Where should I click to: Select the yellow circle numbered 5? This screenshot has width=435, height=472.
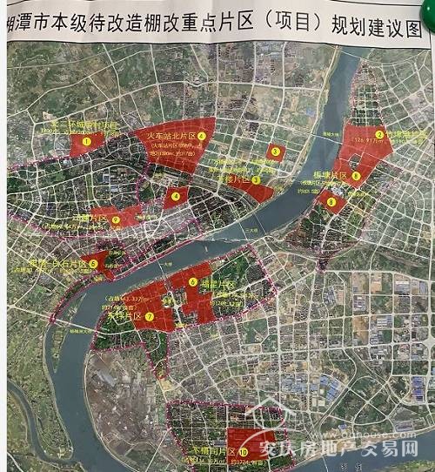(93, 263)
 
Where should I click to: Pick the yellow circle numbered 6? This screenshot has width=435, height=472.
(192, 281)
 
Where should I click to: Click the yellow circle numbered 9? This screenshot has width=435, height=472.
(331, 202)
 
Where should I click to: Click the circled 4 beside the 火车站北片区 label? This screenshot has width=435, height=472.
(201, 136)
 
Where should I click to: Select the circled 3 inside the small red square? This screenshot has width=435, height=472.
(276, 152)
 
